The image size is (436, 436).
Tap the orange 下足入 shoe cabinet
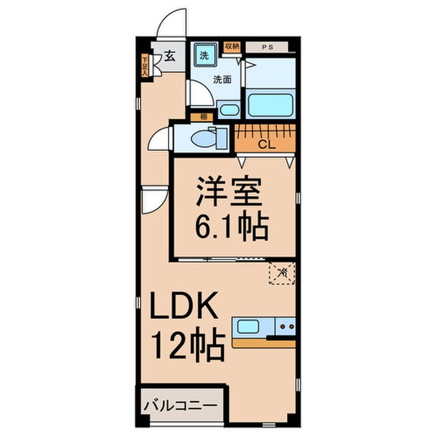pyautogui.click(x=145, y=66)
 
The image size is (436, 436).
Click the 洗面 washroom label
pyautogui.click(x=223, y=79)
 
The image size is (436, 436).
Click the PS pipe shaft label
pyautogui.click(x=266, y=47)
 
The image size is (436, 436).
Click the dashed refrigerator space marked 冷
pyautogui.click(x=282, y=272)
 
